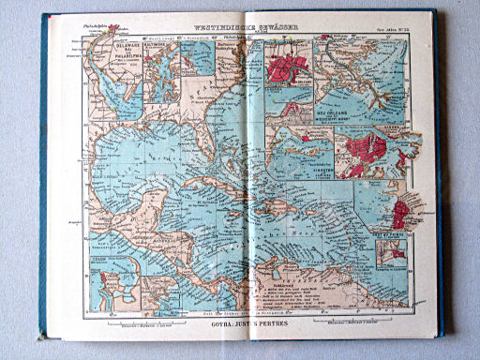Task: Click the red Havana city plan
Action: [368, 150]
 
